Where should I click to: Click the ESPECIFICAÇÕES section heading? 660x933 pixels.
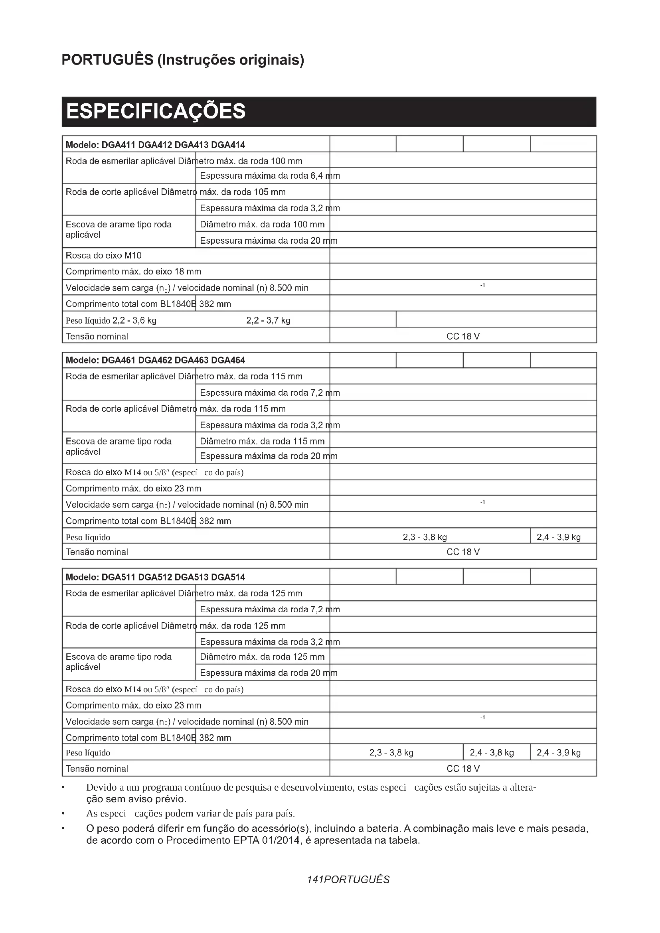click(x=156, y=111)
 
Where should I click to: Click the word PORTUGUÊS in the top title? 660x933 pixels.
click(x=107, y=60)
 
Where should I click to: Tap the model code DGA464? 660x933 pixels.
click(x=228, y=360)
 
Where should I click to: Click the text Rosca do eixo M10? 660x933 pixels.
click(x=104, y=255)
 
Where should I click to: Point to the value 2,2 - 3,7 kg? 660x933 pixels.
click(x=268, y=320)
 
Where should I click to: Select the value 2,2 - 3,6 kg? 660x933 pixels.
click(x=134, y=320)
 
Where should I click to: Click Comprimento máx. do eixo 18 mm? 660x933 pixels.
click(x=133, y=272)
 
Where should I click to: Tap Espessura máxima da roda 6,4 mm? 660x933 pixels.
click(x=270, y=176)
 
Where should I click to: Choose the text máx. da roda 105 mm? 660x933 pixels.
click(x=243, y=192)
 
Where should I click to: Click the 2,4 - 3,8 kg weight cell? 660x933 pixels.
click(x=492, y=753)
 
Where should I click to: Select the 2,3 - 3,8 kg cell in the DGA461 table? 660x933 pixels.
click(x=425, y=537)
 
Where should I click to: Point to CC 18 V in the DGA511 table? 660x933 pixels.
click(x=463, y=769)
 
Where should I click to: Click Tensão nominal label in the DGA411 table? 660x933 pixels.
click(x=97, y=337)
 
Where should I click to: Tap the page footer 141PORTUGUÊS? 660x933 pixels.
click(x=348, y=880)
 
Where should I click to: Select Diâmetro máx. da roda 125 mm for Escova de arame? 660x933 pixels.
click(x=262, y=657)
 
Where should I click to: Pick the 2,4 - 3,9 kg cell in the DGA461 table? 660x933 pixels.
click(x=558, y=537)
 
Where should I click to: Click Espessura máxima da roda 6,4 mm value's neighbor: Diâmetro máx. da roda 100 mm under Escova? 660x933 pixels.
click(x=262, y=224)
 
